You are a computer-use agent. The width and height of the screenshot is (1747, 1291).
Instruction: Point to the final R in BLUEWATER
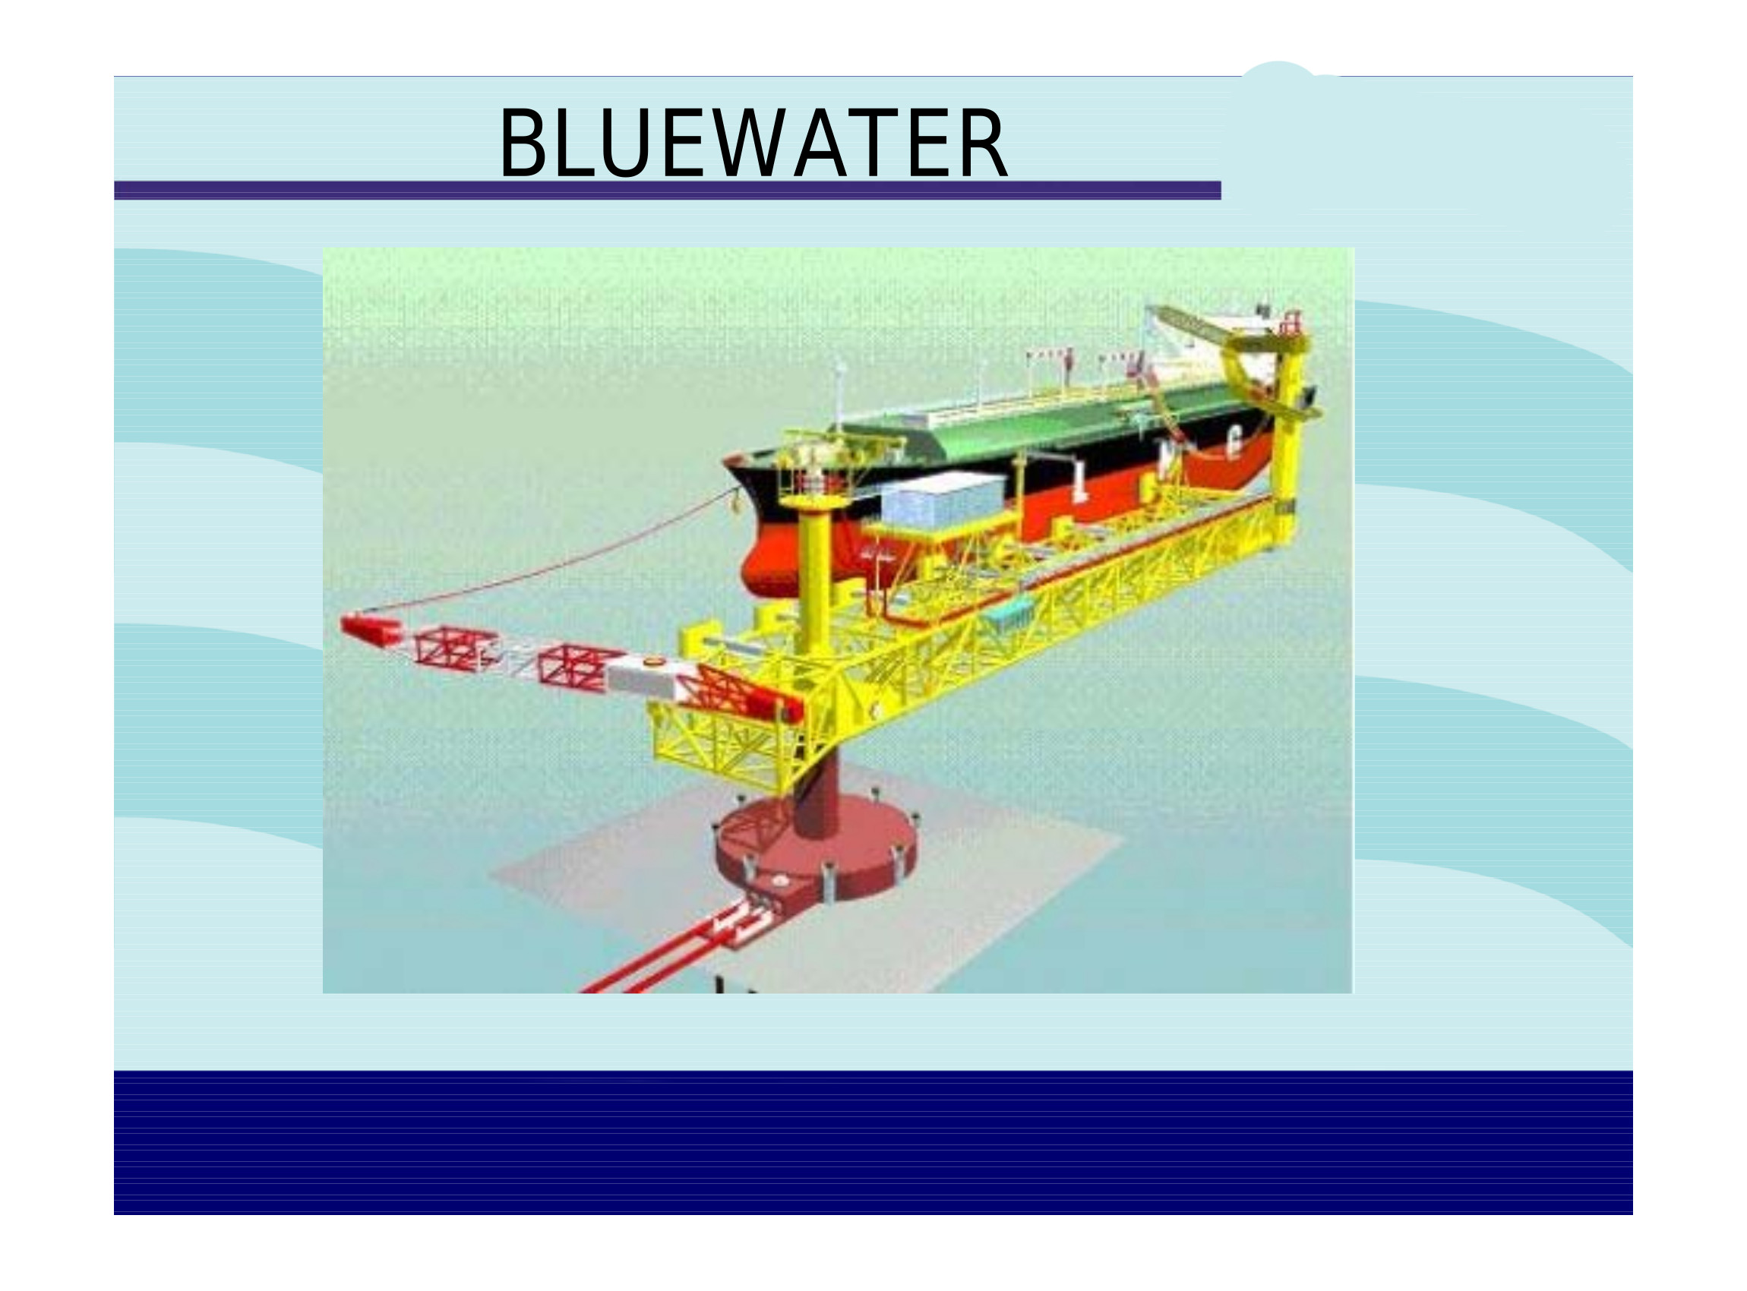click(x=984, y=142)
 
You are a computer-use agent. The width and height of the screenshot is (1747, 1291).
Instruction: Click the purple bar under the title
click(x=668, y=191)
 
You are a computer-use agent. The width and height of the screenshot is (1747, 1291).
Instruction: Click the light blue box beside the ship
click(x=943, y=499)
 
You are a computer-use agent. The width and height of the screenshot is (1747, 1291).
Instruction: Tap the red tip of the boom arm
click(x=368, y=630)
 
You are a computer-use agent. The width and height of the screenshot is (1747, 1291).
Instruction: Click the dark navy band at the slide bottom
click(x=873, y=1142)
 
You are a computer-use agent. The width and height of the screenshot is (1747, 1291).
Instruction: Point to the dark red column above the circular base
click(x=815, y=789)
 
